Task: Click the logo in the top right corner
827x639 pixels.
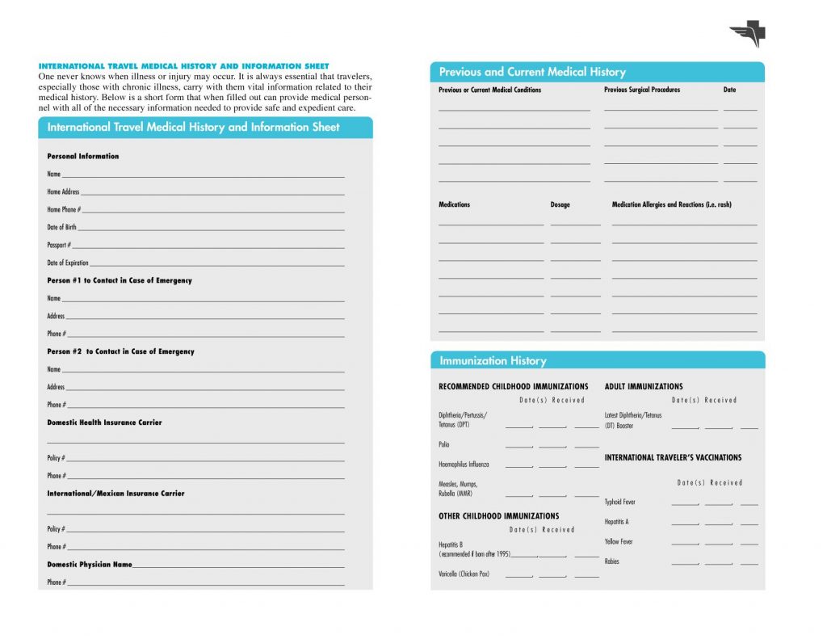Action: coord(747,34)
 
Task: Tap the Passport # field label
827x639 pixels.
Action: coord(59,245)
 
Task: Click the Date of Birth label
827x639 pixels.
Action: coord(61,227)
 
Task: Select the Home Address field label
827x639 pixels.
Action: coord(63,191)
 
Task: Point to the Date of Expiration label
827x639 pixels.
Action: coord(68,263)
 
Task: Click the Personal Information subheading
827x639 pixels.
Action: coord(82,156)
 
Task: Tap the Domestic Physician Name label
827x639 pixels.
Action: coord(89,565)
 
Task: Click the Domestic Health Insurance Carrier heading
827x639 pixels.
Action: coord(104,422)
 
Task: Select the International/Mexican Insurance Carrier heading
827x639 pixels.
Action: coord(115,494)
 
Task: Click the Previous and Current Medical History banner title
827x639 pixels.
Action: coord(532,72)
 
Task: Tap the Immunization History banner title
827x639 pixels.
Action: coord(493,360)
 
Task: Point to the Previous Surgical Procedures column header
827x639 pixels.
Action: coord(642,90)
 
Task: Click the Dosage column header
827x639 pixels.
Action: coord(560,204)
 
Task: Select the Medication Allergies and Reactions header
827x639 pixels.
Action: coord(671,204)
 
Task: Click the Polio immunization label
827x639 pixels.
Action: coord(444,444)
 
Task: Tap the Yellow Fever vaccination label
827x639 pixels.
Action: coord(619,542)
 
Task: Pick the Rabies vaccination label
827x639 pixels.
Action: coord(611,561)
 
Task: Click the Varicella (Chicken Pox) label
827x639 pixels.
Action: coord(464,574)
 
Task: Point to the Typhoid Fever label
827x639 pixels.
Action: coord(619,502)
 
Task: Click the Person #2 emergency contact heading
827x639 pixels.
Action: coord(120,351)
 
